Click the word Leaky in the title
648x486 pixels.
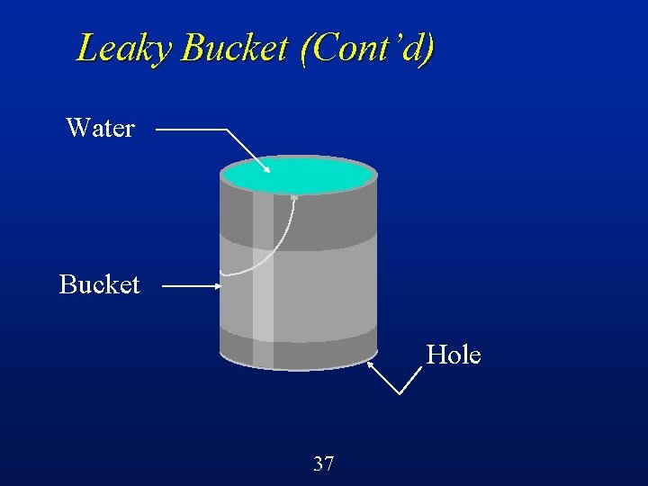pyautogui.click(x=125, y=48)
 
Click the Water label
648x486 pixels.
pyautogui.click(x=100, y=129)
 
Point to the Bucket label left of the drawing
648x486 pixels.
pyautogui.click(x=100, y=285)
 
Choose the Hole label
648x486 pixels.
pyautogui.click(x=454, y=355)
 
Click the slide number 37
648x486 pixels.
pyautogui.click(x=323, y=464)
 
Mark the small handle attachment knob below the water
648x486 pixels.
pyautogui.click(x=294, y=197)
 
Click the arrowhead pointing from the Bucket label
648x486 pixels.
pyautogui.click(x=217, y=287)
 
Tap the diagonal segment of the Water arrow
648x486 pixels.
pyautogui.click(x=245, y=148)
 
